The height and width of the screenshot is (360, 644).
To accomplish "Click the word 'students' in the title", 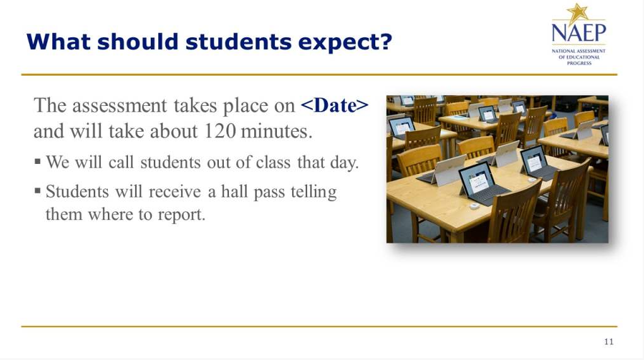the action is coord(238,42).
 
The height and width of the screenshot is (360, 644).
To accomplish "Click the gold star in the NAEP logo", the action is coord(578,13).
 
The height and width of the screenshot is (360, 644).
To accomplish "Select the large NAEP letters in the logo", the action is coord(578,33).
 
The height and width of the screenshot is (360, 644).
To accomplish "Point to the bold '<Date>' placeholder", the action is coord(335,105).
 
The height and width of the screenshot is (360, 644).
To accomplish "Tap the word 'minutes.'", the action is coord(277,131).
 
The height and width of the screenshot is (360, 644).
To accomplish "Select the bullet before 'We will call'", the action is coord(38,161).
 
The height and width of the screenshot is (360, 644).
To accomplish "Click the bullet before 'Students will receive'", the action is coord(38,190).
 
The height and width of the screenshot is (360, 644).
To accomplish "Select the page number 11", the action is coord(609,342).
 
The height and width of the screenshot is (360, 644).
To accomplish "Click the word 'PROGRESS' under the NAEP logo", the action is coord(579,63).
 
